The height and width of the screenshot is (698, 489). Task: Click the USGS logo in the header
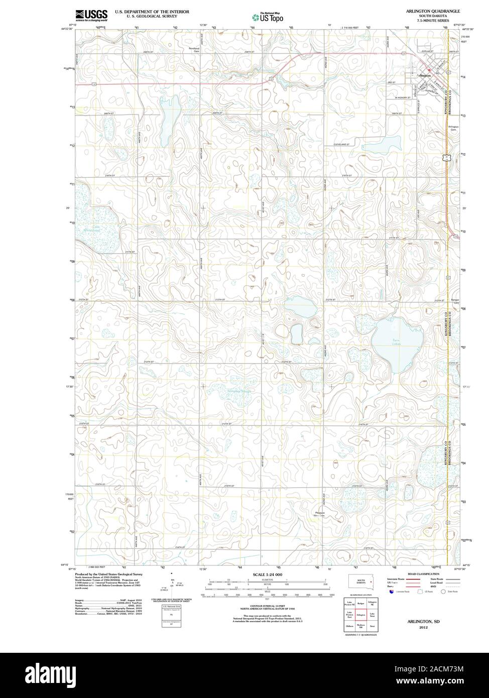pyautogui.click(x=91, y=15)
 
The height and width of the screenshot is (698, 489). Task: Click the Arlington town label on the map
pyautogui.click(x=424, y=75)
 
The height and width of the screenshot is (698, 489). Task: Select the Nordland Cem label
pyautogui.click(x=194, y=50)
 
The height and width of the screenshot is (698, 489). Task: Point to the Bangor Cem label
pyautogui.click(x=456, y=301)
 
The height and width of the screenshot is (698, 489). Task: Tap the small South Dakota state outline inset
pyautogui.click(x=360, y=581)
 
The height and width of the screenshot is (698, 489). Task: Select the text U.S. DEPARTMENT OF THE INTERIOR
pyautogui.click(x=152, y=11)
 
